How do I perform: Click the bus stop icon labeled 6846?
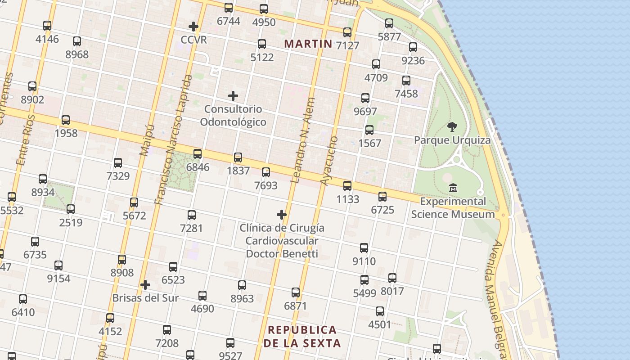click(x=198, y=154)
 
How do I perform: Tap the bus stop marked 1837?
click(x=238, y=157)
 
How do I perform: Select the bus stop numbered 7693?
click(x=266, y=172)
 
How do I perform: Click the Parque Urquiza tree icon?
click(x=452, y=127)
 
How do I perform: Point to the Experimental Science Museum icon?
click(x=453, y=188)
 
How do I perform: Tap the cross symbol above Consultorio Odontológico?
click(x=233, y=96)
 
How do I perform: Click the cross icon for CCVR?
click(x=193, y=27)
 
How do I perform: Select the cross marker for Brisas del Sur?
click(x=145, y=285)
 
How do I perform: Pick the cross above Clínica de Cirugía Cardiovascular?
click(x=282, y=215)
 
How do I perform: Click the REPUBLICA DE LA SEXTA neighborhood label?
click(x=302, y=336)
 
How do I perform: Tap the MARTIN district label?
click(x=308, y=44)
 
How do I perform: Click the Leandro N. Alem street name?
click(x=303, y=140)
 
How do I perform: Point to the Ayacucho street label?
click(x=328, y=160)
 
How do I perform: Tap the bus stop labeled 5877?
click(x=389, y=23)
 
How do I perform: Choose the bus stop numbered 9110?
click(x=364, y=248)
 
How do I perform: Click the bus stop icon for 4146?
click(x=47, y=26)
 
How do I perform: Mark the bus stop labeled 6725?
click(x=382, y=197)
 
